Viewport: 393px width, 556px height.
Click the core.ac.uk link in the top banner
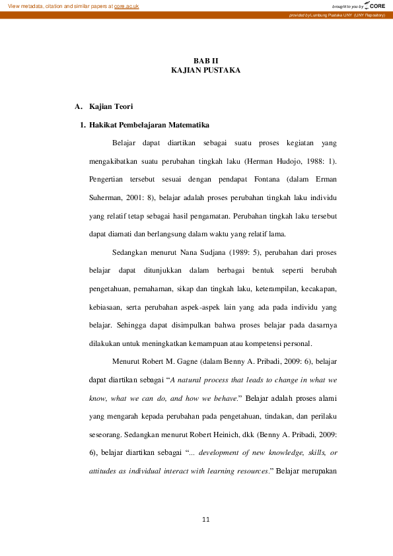(x=127, y=6)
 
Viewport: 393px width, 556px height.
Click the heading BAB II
(x=196, y=61)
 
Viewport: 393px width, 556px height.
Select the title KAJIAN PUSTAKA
(x=196, y=69)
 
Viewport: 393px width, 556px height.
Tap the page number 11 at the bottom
(x=205, y=520)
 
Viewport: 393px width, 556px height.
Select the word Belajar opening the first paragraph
(x=124, y=143)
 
